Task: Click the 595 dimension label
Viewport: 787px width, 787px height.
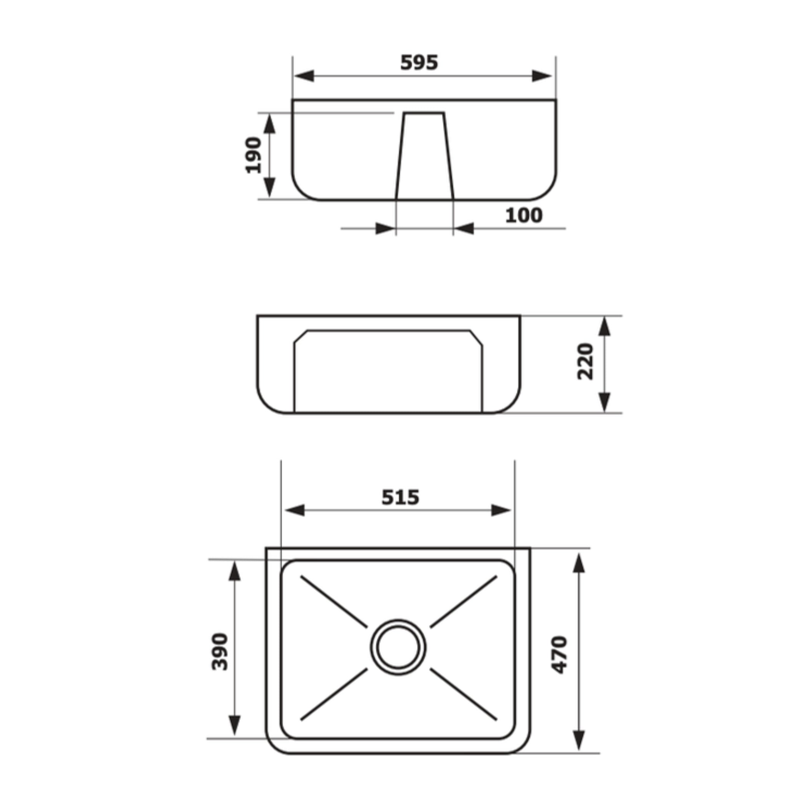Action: click(x=419, y=63)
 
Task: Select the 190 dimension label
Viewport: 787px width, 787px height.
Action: click(x=253, y=155)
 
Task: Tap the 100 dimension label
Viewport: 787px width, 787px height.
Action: click(x=524, y=216)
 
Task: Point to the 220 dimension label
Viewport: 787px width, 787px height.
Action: click(x=586, y=362)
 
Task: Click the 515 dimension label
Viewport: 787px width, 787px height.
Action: click(x=400, y=497)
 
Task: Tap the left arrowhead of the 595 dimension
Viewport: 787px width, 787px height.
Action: click(x=304, y=76)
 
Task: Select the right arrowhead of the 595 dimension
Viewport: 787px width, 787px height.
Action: click(x=542, y=76)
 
